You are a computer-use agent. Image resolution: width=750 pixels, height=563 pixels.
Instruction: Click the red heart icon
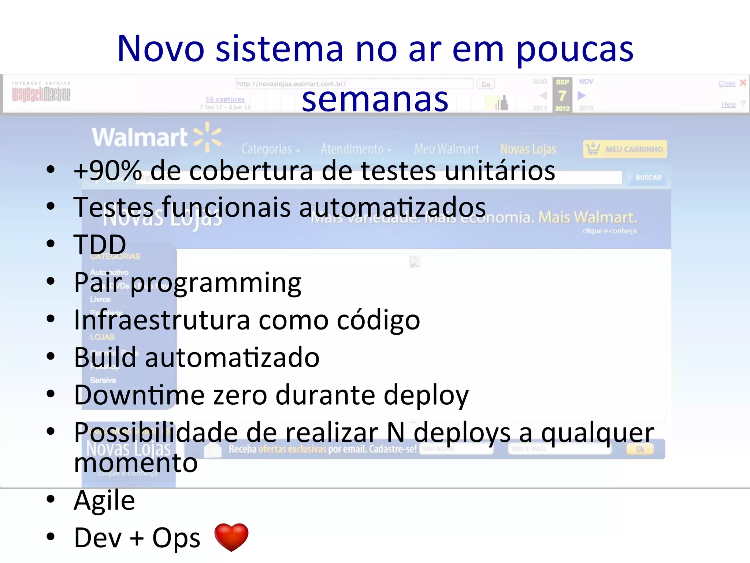coord(231,537)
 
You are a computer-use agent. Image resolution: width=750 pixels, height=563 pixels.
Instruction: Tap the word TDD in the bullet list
coord(100,244)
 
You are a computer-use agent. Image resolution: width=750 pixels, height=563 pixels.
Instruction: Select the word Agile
coord(104,500)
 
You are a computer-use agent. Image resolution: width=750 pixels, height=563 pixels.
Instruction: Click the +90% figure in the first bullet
coord(108,171)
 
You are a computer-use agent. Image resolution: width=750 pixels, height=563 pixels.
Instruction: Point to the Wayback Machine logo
coord(41,92)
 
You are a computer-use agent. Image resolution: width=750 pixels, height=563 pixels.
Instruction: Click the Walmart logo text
coord(140,137)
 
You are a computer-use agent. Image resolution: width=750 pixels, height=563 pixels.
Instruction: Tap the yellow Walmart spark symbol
coord(208,137)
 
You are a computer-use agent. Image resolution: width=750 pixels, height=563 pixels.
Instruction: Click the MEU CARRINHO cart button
coord(625,149)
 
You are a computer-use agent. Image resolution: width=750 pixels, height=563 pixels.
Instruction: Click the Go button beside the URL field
coord(486,84)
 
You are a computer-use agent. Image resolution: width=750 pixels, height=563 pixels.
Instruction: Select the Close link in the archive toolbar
coord(727,83)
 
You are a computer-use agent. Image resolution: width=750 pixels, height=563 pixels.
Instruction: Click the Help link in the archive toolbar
coord(728,104)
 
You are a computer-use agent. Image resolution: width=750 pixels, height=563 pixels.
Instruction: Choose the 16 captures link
coord(225,99)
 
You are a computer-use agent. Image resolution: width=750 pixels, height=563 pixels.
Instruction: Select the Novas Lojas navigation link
coord(528,149)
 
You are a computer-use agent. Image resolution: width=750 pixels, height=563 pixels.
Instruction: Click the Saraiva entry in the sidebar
coord(103,380)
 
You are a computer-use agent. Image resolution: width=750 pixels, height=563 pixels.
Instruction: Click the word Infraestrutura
coord(161,320)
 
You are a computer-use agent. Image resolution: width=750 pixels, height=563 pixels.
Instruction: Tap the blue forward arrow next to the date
coord(582,96)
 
